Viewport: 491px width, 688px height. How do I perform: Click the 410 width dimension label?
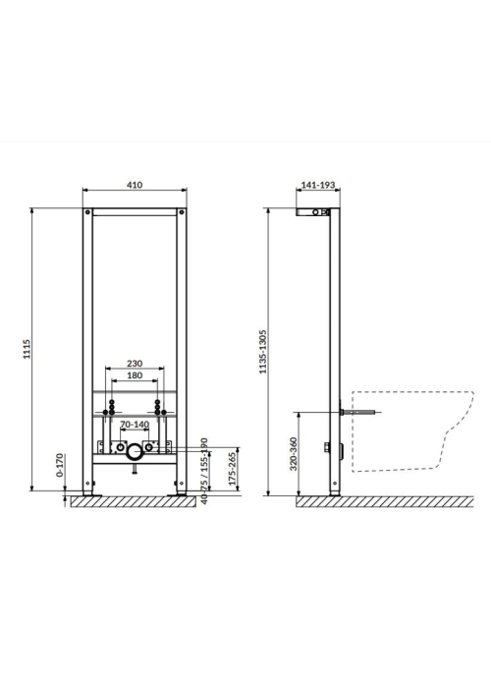coord(135,185)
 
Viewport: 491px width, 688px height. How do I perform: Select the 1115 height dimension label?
coord(27,349)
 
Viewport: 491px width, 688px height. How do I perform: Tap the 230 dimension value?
coord(135,364)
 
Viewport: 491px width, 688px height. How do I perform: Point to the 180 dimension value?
coord(135,375)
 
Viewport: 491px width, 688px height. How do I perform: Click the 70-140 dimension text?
coord(135,425)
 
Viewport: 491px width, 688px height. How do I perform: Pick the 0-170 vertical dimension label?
coord(60,465)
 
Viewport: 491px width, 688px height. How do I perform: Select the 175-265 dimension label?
coord(232,468)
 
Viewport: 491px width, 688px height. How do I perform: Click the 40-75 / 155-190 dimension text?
coord(203,471)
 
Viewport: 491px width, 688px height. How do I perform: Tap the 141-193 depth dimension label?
coord(318,185)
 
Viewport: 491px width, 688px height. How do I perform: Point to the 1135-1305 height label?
coord(262,352)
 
